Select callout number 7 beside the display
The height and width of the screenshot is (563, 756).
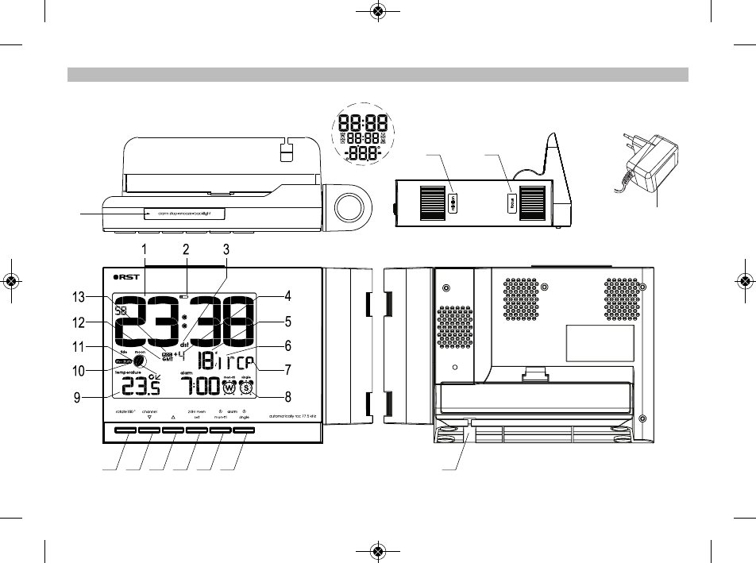point(288,370)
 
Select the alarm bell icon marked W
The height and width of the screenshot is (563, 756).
point(230,388)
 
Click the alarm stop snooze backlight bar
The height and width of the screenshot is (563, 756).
point(184,213)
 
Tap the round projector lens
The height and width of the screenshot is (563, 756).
point(348,208)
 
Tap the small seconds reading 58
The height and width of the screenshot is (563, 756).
point(122,312)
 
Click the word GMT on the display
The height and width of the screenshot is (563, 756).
point(168,360)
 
